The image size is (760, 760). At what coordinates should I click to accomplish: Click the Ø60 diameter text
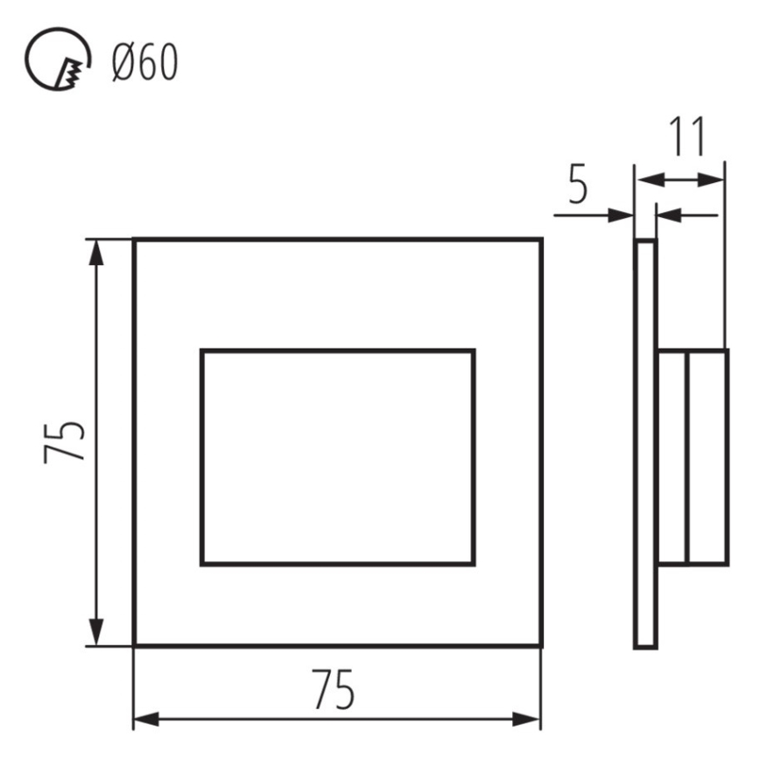click(x=144, y=63)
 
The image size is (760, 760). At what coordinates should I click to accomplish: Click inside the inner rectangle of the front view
click(x=338, y=457)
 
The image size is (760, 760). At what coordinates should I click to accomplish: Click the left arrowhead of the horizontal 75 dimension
click(x=147, y=720)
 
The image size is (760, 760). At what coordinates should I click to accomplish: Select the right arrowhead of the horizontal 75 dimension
click(x=527, y=720)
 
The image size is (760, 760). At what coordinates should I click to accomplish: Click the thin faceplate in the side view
click(x=645, y=442)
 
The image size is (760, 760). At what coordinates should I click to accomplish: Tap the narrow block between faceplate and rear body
click(x=672, y=457)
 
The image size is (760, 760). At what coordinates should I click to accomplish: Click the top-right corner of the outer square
click(x=540, y=239)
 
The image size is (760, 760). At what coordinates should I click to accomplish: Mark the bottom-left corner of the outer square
click(x=134, y=645)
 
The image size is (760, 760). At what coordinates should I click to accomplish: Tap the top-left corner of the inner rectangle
click(x=202, y=351)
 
